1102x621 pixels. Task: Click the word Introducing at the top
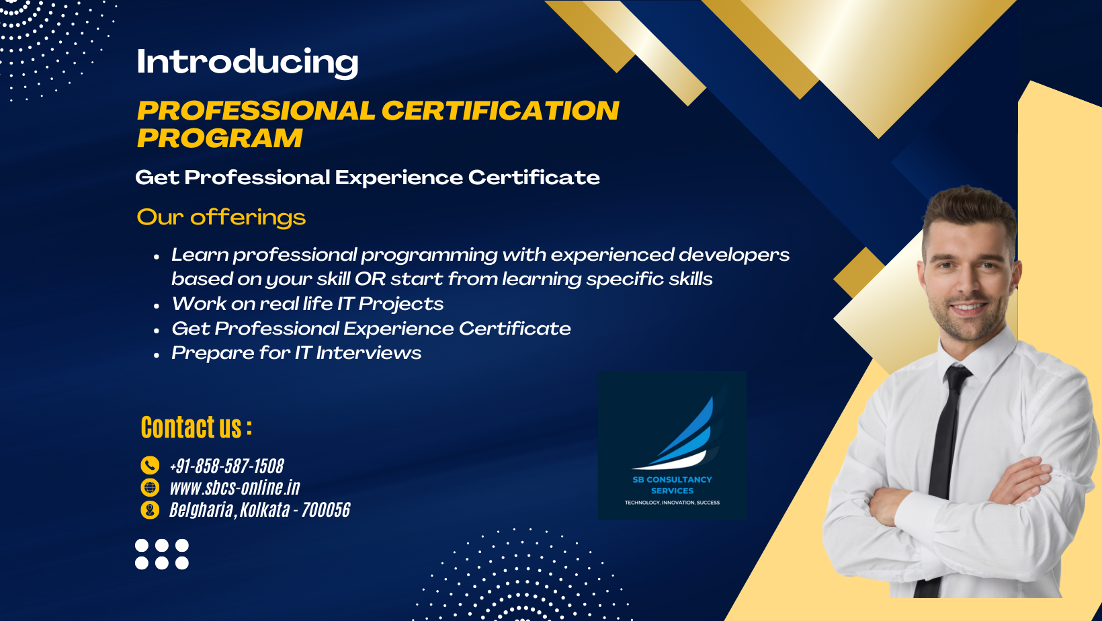[x=247, y=62]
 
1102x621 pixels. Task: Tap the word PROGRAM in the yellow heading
[x=220, y=138]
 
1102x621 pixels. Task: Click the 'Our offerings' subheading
[x=221, y=217]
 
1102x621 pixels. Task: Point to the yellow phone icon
[x=150, y=465]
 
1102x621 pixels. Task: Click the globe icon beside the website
[x=150, y=487]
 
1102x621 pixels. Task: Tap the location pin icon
[x=150, y=509]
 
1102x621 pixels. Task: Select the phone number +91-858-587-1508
[x=227, y=466]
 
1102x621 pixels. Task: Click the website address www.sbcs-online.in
[x=235, y=487]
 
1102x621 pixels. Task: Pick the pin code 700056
[x=326, y=510]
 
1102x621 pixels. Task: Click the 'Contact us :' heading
[x=196, y=427]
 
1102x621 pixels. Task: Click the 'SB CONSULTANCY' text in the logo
[x=672, y=479]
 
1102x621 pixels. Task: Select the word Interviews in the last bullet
[x=369, y=353]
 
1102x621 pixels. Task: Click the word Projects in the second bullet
[x=400, y=304]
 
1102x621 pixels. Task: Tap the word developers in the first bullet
[x=734, y=255]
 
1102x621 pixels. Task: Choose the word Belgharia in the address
[x=201, y=510]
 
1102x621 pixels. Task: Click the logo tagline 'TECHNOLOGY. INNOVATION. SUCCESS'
[x=672, y=503]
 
